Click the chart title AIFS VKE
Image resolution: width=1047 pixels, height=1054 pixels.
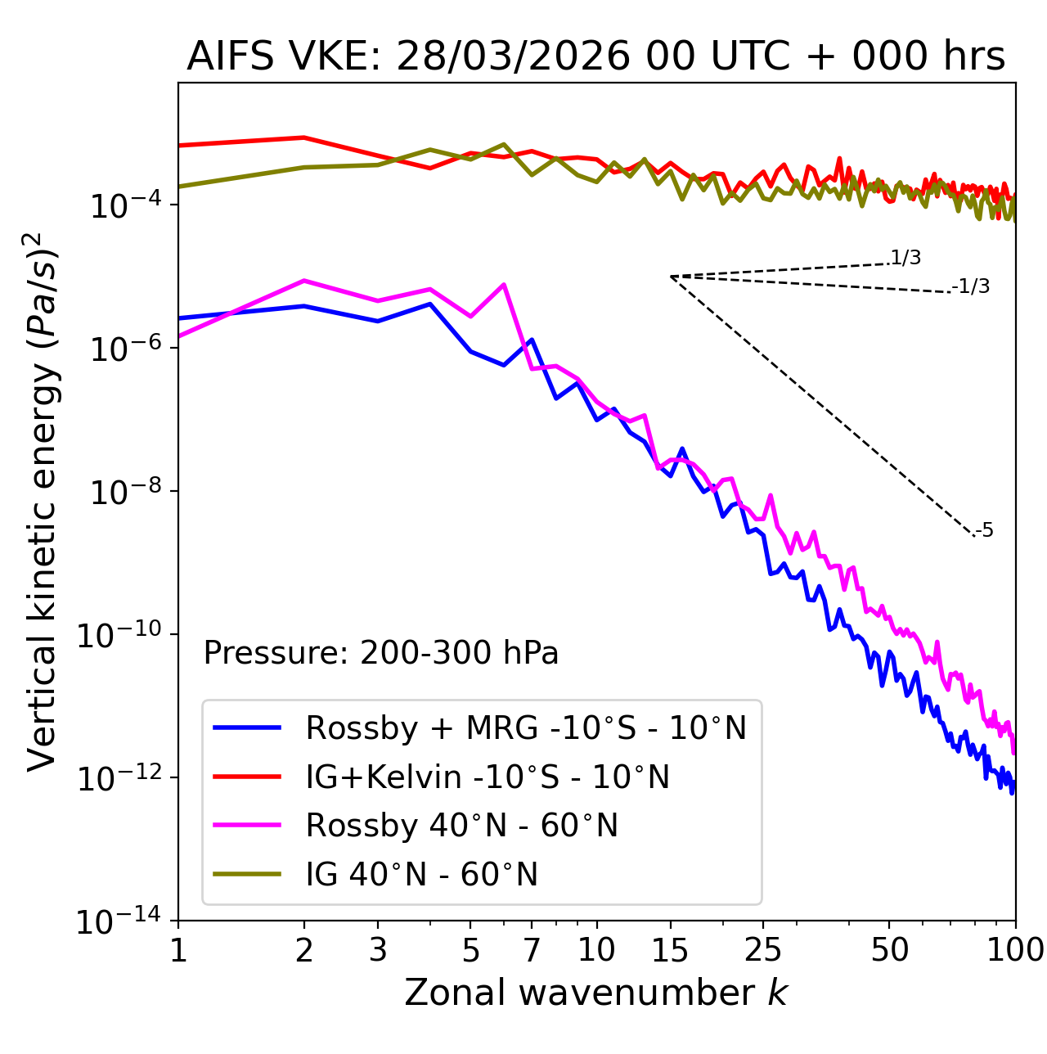(x=595, y=57)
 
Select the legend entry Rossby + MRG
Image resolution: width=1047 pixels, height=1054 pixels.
(x=525, y=727)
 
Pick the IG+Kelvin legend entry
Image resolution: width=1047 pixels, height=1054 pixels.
(x=488, y=777)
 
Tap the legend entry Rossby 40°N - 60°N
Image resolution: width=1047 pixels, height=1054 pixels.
(x=461, y=826)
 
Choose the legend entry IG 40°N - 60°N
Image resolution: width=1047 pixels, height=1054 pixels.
(x=421, y=875)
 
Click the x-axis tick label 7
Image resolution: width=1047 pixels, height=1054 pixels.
(x=532, y=949)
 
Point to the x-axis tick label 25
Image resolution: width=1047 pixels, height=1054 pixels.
(x=762, y=949)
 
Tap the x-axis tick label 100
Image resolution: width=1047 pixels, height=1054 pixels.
(x=1014, y=949)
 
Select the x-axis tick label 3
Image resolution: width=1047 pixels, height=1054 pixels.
(x=377, y=949)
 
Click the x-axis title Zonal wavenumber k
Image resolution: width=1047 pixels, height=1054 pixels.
(x=595, y=993)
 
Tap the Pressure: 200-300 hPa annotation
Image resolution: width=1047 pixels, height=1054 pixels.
(x=380, y=653)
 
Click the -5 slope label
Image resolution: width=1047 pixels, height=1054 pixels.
(x=985, y=531)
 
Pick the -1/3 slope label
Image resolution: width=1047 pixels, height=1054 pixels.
(x=972, y=286)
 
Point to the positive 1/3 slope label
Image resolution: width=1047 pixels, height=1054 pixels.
(x=905, y=259)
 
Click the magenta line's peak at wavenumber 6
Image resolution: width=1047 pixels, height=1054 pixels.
(x=504, y=284)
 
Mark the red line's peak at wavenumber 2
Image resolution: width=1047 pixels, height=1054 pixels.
(x=304, y=137)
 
